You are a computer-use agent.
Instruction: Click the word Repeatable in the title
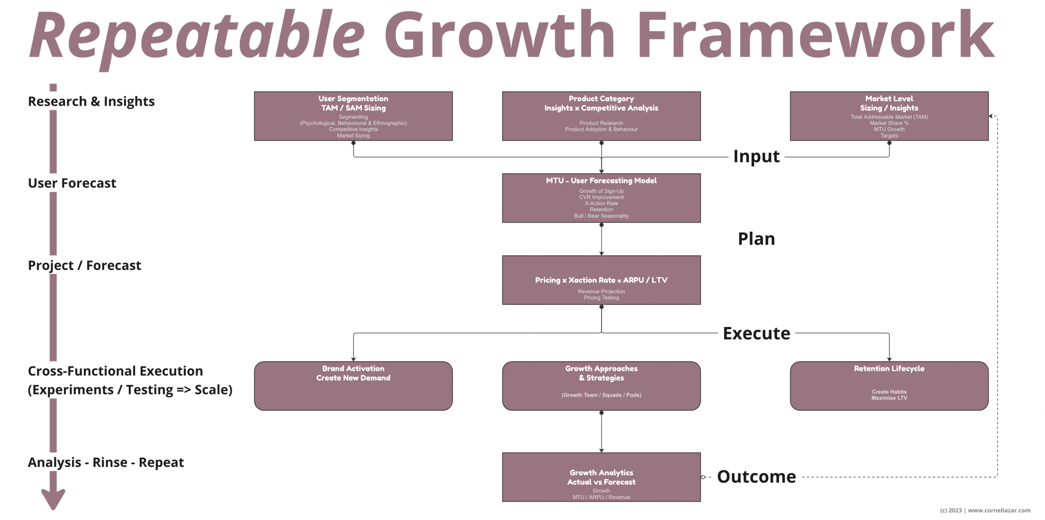coord(196,36)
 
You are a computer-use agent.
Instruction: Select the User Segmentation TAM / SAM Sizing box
coord(353,116)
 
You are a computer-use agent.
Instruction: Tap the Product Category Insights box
coord(601,116)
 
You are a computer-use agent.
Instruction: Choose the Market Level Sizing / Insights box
coord(889,116)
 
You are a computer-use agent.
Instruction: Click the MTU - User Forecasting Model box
coord(601,198)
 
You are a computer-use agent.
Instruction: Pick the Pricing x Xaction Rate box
coord(601,280)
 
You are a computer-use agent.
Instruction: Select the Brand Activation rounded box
coord(353,386)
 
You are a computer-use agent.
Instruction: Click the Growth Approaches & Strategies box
coord(601,386)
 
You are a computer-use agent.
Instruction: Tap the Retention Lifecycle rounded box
coord(889,386)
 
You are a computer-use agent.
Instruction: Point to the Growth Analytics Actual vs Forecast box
coord(601,477)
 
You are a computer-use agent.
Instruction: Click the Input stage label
coord(756,156)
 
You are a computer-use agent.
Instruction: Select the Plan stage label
coord(756,239)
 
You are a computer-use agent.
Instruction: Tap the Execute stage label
coord(756,333)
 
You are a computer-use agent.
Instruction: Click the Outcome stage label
coord(756,477)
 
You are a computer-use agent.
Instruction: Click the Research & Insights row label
coord(91,102)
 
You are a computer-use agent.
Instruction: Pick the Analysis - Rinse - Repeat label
coord(106,462)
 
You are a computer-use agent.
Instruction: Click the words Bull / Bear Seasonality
coord(601,216)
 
